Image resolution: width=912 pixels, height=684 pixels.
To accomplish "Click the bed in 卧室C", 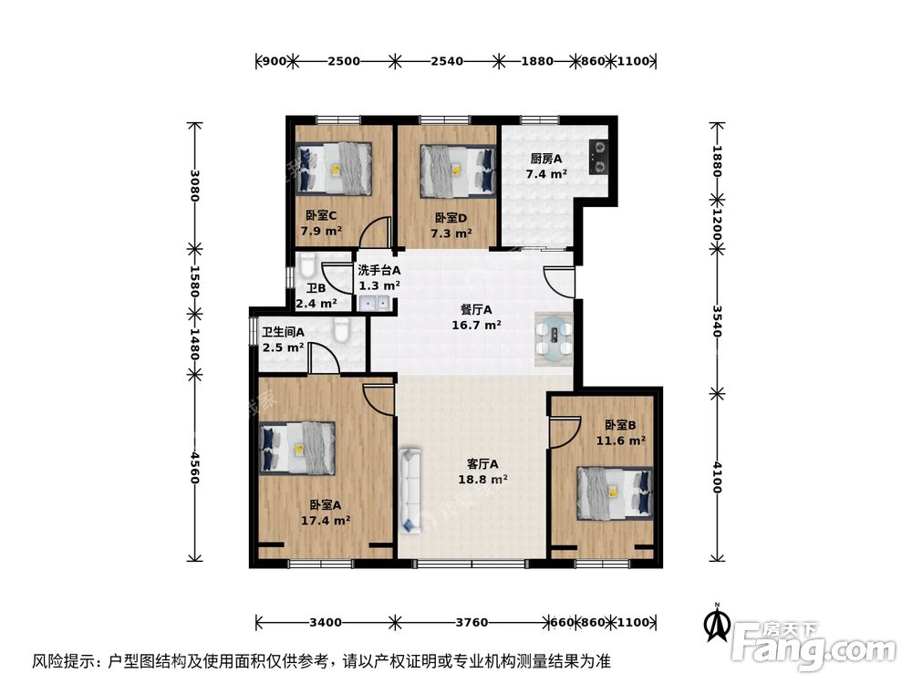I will tap(334, 169).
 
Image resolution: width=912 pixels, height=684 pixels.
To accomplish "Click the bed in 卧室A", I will tap(298, 448).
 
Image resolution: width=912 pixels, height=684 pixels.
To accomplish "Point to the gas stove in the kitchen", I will tap(599, 156).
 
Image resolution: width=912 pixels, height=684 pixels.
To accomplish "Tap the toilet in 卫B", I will tap(306, 267).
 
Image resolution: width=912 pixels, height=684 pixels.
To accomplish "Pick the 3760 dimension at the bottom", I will tap(472, 623).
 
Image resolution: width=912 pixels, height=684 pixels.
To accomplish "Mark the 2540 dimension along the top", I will tap(447, 62).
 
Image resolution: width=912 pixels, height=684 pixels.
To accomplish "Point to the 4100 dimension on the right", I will tap(717, 477).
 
